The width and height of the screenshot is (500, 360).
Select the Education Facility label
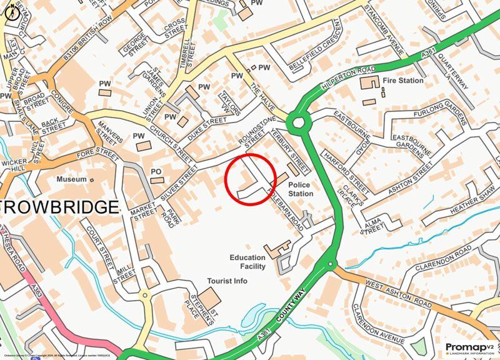point(247,262)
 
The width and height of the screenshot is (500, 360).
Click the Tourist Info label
point(228,281)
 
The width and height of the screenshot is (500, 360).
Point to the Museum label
point(71,179)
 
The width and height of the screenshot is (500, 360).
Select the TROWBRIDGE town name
point(59,207)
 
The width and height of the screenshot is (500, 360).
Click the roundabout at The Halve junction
point(299,120)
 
